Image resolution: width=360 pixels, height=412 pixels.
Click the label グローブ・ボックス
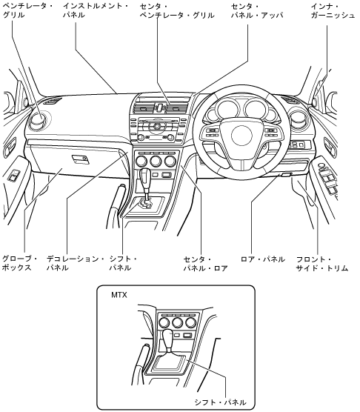tap(19, 264)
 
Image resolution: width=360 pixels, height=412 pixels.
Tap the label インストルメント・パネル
tap(96, 10)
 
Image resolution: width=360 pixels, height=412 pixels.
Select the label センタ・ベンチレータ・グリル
tap(177, 11)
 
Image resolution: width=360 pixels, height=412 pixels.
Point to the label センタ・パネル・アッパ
tap(257, 11)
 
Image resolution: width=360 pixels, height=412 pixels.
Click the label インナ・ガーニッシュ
tap(333, 11)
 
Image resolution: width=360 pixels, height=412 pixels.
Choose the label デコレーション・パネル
tap(75, 264)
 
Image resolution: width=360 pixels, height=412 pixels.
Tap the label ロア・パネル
tap(262, 259)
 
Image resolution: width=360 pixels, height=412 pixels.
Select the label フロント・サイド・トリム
tap(322, 264)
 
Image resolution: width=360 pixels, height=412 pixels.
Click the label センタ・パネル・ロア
tap(205, 264)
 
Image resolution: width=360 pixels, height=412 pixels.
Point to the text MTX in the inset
tap(119, 295)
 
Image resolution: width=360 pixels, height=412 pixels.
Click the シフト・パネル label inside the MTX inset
tap(220, 402)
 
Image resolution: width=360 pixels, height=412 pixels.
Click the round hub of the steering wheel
tap(241, 136)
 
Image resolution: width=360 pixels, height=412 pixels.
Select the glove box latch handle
tap(80, 159)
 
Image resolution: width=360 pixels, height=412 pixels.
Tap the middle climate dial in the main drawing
tap(156, 161)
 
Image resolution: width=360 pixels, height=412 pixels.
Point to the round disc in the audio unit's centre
tap(157, 127)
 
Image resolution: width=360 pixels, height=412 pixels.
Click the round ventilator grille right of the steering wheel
tap(299, 119)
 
